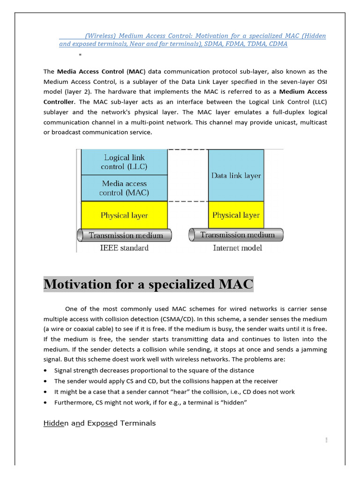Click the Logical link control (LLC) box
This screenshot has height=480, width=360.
[124, 162]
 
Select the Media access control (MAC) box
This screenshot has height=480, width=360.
[124, 188]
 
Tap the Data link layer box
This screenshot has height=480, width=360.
[236, 176]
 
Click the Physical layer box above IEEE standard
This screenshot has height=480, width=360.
[124, 215]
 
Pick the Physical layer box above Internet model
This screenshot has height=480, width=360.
[236, 215]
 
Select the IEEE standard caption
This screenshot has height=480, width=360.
[125, 247]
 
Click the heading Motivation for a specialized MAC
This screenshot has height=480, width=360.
[149, 284]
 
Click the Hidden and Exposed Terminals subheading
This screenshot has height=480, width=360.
[99, 423]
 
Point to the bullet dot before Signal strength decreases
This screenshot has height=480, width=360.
[45, 370]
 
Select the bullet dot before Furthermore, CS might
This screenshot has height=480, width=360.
[45, 402]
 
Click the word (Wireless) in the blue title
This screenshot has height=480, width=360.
[100, 36]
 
